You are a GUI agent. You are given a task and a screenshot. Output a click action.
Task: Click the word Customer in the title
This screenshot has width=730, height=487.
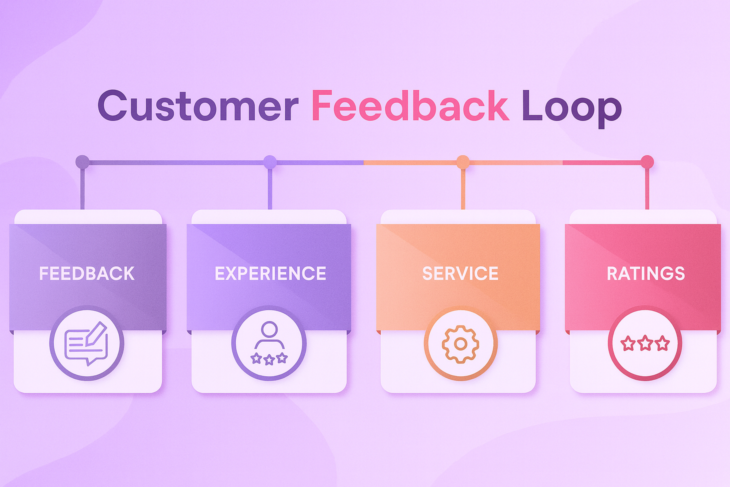point(198,106)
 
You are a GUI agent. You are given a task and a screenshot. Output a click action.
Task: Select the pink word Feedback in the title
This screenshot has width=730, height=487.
point(410,106)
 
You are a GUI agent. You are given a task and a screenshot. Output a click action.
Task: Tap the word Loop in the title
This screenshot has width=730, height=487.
point(572,107)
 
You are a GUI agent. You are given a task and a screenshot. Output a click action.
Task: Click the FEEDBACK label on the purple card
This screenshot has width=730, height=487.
point(87,274)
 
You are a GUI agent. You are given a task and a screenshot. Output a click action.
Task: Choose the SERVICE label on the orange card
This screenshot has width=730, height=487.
point(460,274)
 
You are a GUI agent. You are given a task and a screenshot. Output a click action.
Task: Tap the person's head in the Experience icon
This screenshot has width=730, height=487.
point(269,329)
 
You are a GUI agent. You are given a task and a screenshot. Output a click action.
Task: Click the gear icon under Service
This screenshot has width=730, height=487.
point(461,344)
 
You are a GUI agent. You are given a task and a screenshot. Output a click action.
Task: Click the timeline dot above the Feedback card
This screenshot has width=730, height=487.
point(82,162)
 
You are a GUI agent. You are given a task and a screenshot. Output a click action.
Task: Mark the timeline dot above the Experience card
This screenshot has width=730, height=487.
point(270,162)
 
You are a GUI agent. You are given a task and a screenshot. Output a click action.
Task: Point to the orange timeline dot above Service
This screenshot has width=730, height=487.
point(463,162)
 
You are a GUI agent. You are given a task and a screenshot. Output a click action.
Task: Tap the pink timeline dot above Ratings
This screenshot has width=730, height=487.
point(647,162)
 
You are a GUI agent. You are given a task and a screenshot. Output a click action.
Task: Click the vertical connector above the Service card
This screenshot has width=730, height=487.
point(463,189)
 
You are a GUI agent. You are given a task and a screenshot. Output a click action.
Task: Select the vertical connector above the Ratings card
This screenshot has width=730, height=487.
point(647,189)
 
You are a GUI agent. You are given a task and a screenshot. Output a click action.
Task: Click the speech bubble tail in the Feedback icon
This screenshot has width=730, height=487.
point(89,362)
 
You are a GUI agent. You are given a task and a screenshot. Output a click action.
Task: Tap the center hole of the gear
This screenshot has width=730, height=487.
point(461,344)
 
